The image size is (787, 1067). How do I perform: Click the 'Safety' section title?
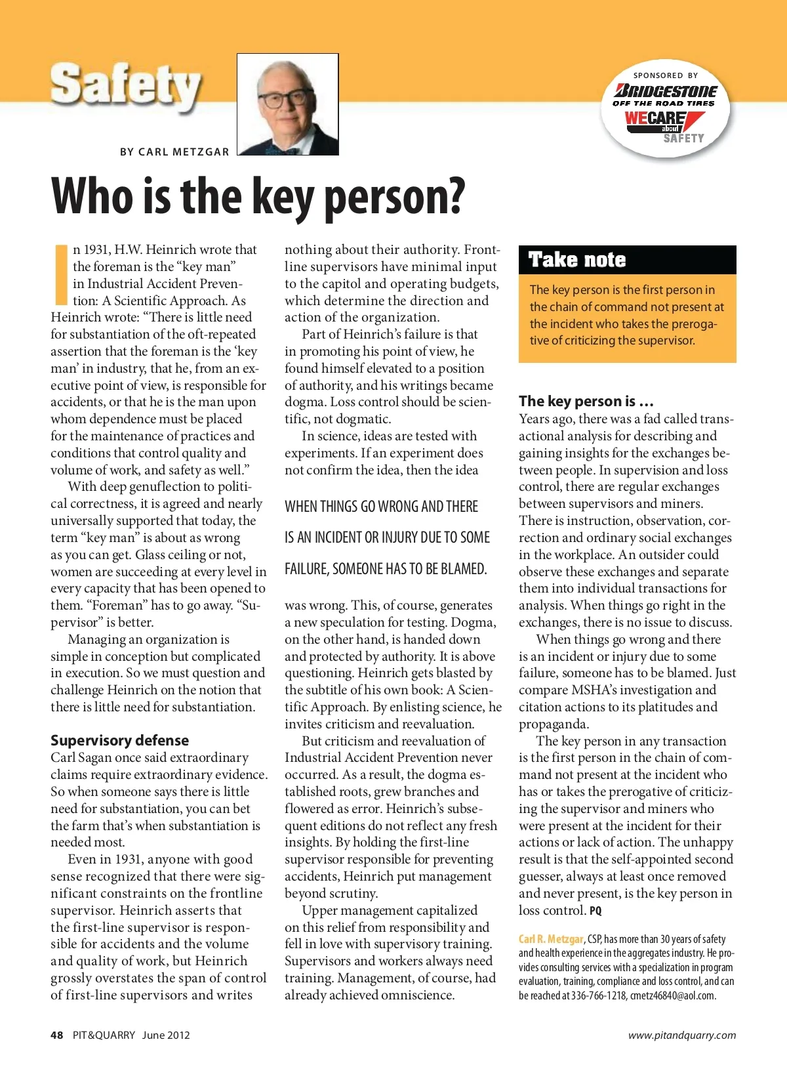point(125,86)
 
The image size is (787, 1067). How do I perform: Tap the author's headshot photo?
point(287,104)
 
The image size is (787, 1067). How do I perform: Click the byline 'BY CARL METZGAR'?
point(174,152)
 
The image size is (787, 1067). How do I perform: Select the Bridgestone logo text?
point(666,91)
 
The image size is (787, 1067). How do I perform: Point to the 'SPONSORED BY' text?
point(666,75)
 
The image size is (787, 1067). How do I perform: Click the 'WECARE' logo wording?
point(655,118)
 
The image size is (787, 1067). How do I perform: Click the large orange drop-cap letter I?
point(61,275)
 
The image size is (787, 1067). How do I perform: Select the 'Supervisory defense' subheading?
point(119,740)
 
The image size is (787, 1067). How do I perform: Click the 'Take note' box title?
point(577,260)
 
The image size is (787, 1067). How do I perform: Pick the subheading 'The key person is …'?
point(586,401)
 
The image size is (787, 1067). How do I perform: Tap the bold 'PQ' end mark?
point(595,911)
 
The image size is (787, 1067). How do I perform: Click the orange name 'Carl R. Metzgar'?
point(550,939)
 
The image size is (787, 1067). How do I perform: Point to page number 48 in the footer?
point(57,1035)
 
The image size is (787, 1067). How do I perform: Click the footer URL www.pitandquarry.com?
point(682,1035)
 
